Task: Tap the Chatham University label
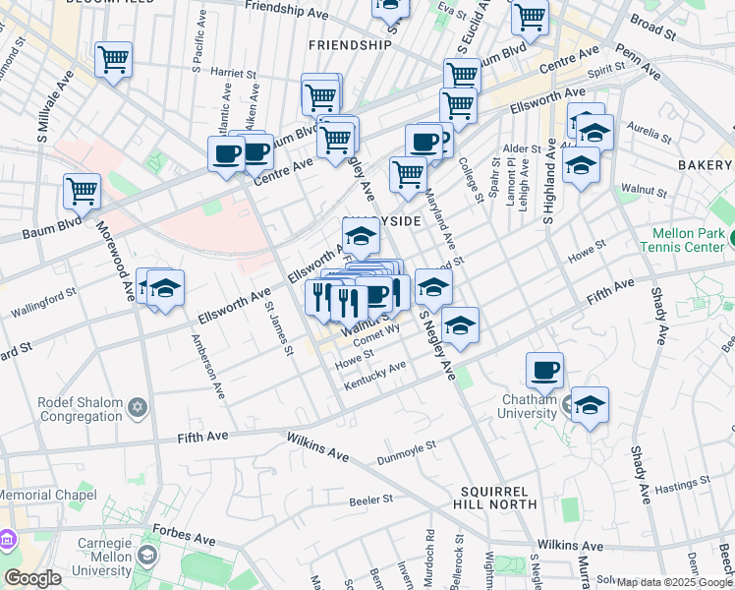531,405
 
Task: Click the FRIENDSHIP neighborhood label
350,45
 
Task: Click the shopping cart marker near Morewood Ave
82,191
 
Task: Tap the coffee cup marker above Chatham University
544,370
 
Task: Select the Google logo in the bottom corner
32,578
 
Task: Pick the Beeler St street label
371,500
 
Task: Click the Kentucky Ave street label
374,376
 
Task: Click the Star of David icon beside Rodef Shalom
138,406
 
